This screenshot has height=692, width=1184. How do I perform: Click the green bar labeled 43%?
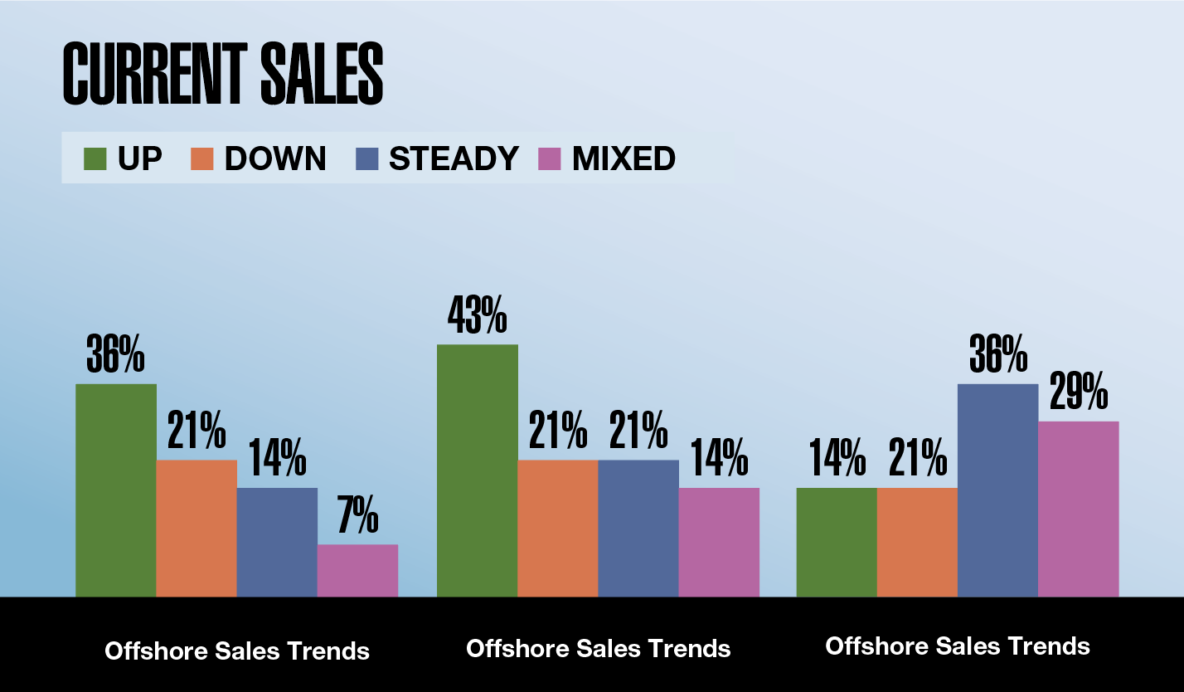(x=477, y=470)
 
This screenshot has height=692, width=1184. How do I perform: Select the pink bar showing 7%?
(x=357, y=571)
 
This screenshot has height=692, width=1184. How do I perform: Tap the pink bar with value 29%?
(x=1078, y=509)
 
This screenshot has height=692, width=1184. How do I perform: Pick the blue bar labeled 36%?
(x=997, y=490)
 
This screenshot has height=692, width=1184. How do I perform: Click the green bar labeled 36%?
(x=115, y=490)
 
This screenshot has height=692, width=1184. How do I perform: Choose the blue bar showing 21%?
(x=638, y=528)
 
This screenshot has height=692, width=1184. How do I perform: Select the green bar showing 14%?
(x=836, y=542)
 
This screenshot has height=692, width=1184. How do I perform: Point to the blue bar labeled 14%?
(x=277, y=542)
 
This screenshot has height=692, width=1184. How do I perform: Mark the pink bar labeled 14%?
(x=719, y=542)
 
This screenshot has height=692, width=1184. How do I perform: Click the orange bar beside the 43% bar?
(x=557, y=528)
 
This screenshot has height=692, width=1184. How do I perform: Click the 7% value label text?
(x=357, y=519)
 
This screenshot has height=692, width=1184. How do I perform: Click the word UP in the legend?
(x=139, y=158)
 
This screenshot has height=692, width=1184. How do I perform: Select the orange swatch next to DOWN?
(x=203, y=158)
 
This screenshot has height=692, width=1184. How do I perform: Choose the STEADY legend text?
(x=454, y=158)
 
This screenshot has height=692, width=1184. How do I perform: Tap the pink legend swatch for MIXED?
(x=551, y=158)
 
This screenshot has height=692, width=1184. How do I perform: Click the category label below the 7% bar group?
(x=237, y=651)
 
